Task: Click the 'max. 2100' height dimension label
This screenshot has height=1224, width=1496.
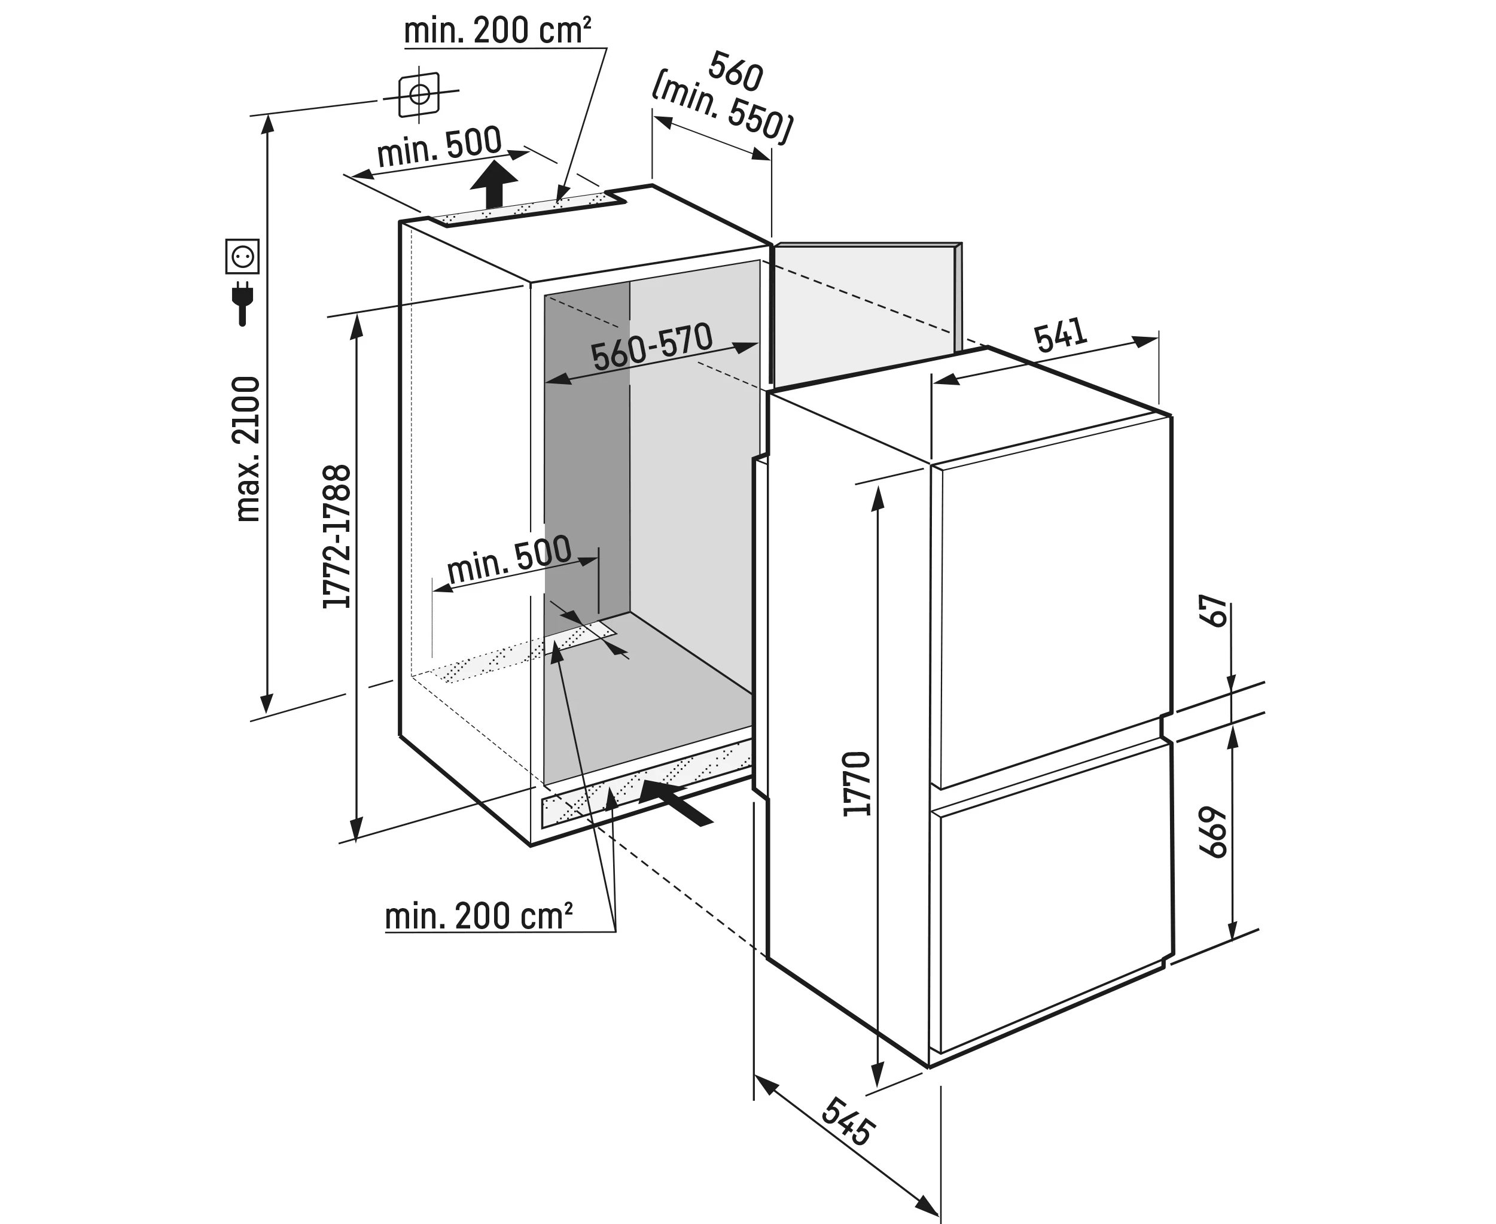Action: click(248, 449)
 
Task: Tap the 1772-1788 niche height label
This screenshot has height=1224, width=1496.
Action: click(337, 537)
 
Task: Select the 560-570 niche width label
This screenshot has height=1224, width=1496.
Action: click(651, 346)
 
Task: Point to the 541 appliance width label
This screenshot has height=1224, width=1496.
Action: click(1061, 335)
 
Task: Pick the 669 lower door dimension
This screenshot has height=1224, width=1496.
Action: click(1214, 832)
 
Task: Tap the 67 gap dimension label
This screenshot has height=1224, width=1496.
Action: click(1215, 611)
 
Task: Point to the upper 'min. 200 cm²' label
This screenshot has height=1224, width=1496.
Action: click(497, 31)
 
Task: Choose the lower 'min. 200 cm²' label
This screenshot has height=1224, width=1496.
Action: click(479, 916)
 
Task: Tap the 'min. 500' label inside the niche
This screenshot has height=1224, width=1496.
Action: click(508, 560)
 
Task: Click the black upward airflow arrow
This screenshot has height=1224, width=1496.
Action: click(493, 182)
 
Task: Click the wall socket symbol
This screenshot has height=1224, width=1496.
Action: click(242, 256)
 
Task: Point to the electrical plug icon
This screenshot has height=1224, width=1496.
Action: click(242, 303)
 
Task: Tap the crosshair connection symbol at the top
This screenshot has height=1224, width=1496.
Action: click(419, 94)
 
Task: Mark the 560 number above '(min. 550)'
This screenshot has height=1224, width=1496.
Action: click(736, 71)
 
